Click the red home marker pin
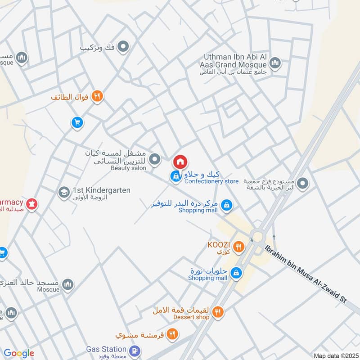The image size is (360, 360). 180,162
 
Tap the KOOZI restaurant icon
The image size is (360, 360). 238,246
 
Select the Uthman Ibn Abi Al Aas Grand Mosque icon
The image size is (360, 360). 275,63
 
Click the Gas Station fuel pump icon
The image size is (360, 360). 134,351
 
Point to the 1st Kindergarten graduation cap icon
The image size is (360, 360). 63,193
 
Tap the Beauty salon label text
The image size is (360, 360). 129,168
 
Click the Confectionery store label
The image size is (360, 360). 211,181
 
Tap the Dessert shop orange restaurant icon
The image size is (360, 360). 218,311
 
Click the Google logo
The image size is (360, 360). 18,353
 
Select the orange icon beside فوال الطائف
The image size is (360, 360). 97,96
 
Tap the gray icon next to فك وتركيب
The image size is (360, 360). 123,46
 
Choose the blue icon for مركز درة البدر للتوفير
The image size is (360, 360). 227,205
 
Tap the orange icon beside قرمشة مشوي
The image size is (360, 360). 172,334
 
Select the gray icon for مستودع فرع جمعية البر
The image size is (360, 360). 303,183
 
